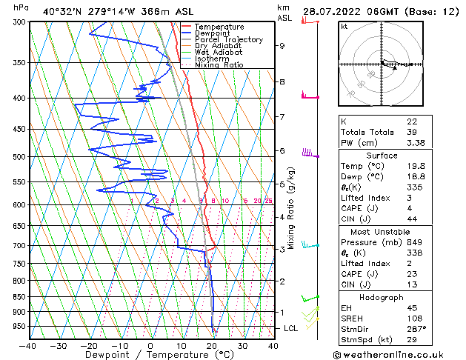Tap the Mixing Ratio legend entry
219,65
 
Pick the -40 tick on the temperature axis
28,346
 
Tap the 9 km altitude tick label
282,46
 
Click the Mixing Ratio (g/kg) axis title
292,208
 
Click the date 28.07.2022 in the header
330,11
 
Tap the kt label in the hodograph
344,26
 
